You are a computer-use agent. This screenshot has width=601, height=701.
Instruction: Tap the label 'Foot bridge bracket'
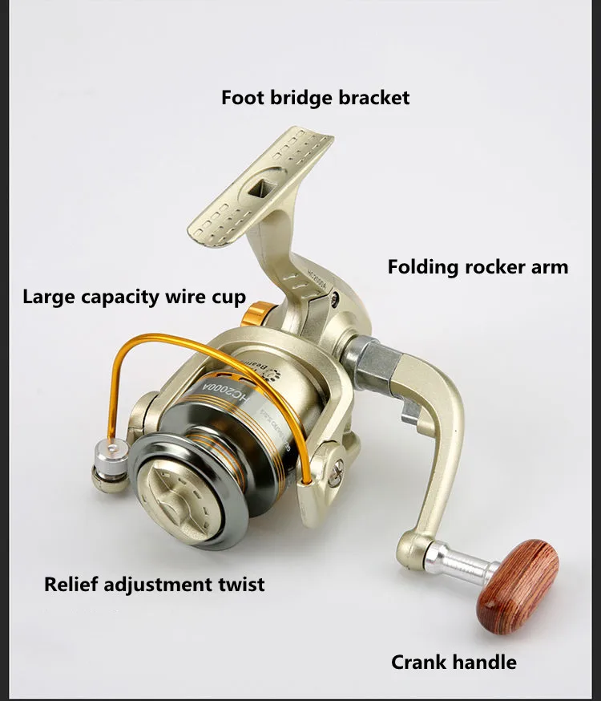tap(315, 98)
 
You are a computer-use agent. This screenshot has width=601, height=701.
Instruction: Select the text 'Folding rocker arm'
tap(478, 266)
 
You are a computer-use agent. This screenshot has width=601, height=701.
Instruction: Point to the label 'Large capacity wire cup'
tap(134, 297)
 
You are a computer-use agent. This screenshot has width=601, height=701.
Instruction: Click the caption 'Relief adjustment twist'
tap(154, 583)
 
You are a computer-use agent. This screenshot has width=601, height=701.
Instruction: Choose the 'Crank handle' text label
tap(454, 662)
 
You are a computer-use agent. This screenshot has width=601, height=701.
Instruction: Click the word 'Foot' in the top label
tap(239, 98)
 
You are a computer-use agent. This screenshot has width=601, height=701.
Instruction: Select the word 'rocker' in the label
tap(495, 266)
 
